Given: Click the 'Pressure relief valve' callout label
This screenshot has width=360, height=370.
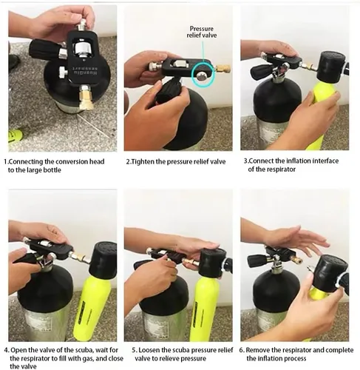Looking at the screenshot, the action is pyautogui.click(x=202, y=32).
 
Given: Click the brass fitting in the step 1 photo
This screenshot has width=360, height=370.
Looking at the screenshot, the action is pyautogui.click(x=85, y=98).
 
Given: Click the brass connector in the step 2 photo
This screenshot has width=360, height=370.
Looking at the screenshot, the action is pyautogui.click(x=223, y=69).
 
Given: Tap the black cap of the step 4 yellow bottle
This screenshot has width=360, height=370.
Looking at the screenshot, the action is pyautogui.click(x=103, y=257).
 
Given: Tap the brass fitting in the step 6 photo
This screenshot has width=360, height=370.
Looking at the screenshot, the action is pyautogui.click(x=295, y=260).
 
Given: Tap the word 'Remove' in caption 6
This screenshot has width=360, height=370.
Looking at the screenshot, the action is pyautogui.click(x=257, y=350).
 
